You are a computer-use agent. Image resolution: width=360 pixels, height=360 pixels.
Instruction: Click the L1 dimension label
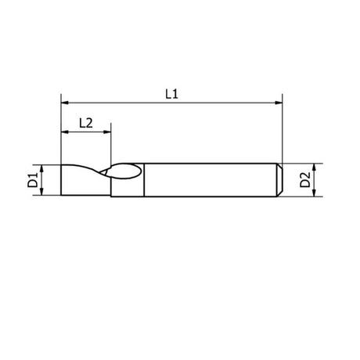[171, 93]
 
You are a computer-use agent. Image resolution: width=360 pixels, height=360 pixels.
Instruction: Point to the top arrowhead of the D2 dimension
[315, 167]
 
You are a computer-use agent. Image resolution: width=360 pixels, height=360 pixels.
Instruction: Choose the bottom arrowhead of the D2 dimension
[315, 194]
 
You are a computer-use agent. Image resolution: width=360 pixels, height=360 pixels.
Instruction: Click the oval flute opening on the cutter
[125, 173]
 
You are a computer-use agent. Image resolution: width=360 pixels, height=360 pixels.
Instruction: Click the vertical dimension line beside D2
[315, 181]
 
